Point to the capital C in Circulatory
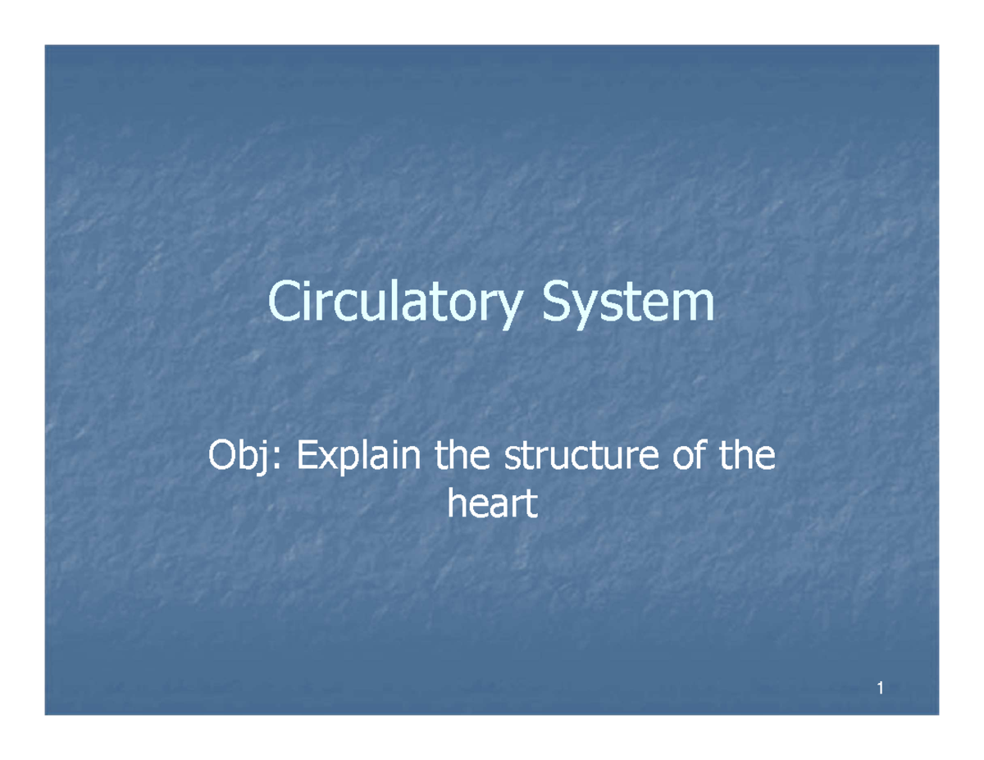point(285,303)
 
